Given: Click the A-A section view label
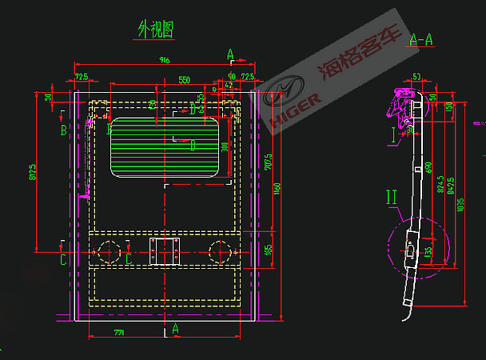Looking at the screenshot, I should click(421, 38).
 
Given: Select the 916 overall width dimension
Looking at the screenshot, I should click(165, 60).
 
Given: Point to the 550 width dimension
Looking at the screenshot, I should click(184, 80).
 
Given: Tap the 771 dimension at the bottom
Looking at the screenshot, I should click(119, 331).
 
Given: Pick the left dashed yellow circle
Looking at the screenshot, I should click(109, 252).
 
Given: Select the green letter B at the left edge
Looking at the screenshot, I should click(63, 130).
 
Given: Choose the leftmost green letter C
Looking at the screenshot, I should click(63, 259).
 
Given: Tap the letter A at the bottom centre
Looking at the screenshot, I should click(176, 329).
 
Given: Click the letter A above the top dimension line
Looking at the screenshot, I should click(230, 54).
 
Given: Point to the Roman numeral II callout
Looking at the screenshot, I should click(391, 195).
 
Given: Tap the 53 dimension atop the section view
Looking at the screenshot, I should click(416, 77).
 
